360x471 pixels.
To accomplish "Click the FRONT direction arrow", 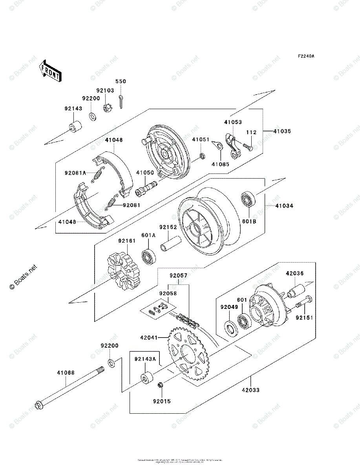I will point(50,71).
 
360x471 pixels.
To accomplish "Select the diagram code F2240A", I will point(305,56).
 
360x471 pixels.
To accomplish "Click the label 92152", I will point(168,227).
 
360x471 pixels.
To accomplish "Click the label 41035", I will point(283,131).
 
